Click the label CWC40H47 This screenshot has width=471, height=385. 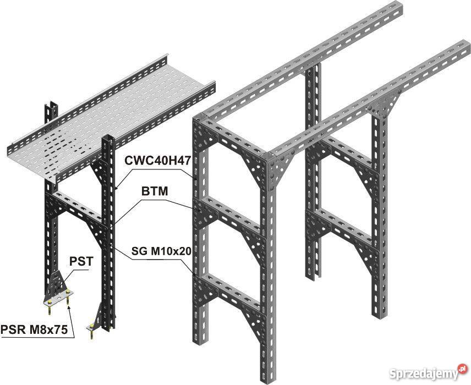[158, 161]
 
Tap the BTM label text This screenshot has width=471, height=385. [155, 191]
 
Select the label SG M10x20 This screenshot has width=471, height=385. [161, 251]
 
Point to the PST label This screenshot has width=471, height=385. [81, 261]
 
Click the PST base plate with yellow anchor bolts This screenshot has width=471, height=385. [58, 299]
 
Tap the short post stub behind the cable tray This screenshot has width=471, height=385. [51, 112]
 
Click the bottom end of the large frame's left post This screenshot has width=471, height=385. [199, 341]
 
